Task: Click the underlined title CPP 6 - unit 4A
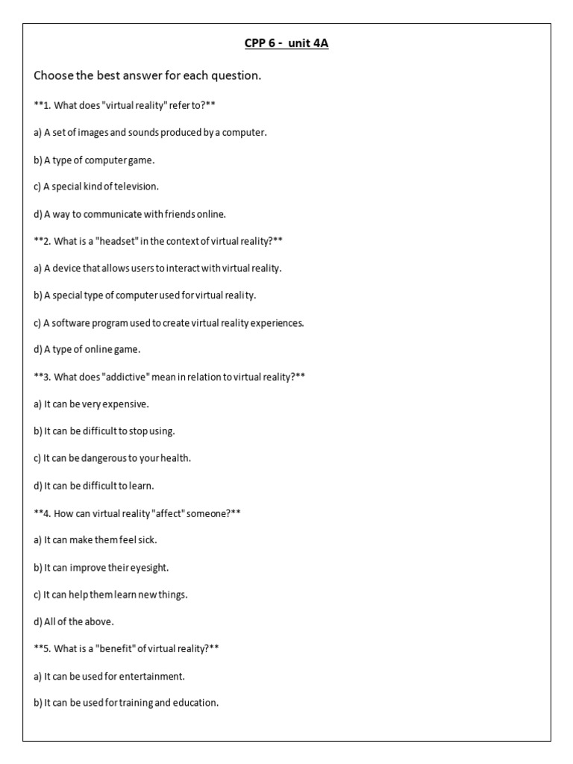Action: (x=286, y=43)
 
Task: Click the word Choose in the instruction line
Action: (x=53, y=76)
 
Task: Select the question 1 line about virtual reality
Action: (x=125, y=104)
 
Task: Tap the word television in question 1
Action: (x=134, y=187)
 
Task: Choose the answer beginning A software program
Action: (x=169, y=322)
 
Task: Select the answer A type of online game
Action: (x=87, y=349)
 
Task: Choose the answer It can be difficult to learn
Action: (x=94, y=486)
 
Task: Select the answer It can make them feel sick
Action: (x=95, y=539)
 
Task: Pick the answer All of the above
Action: (x=74, y=621)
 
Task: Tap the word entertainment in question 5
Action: (x=149, y=676)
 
